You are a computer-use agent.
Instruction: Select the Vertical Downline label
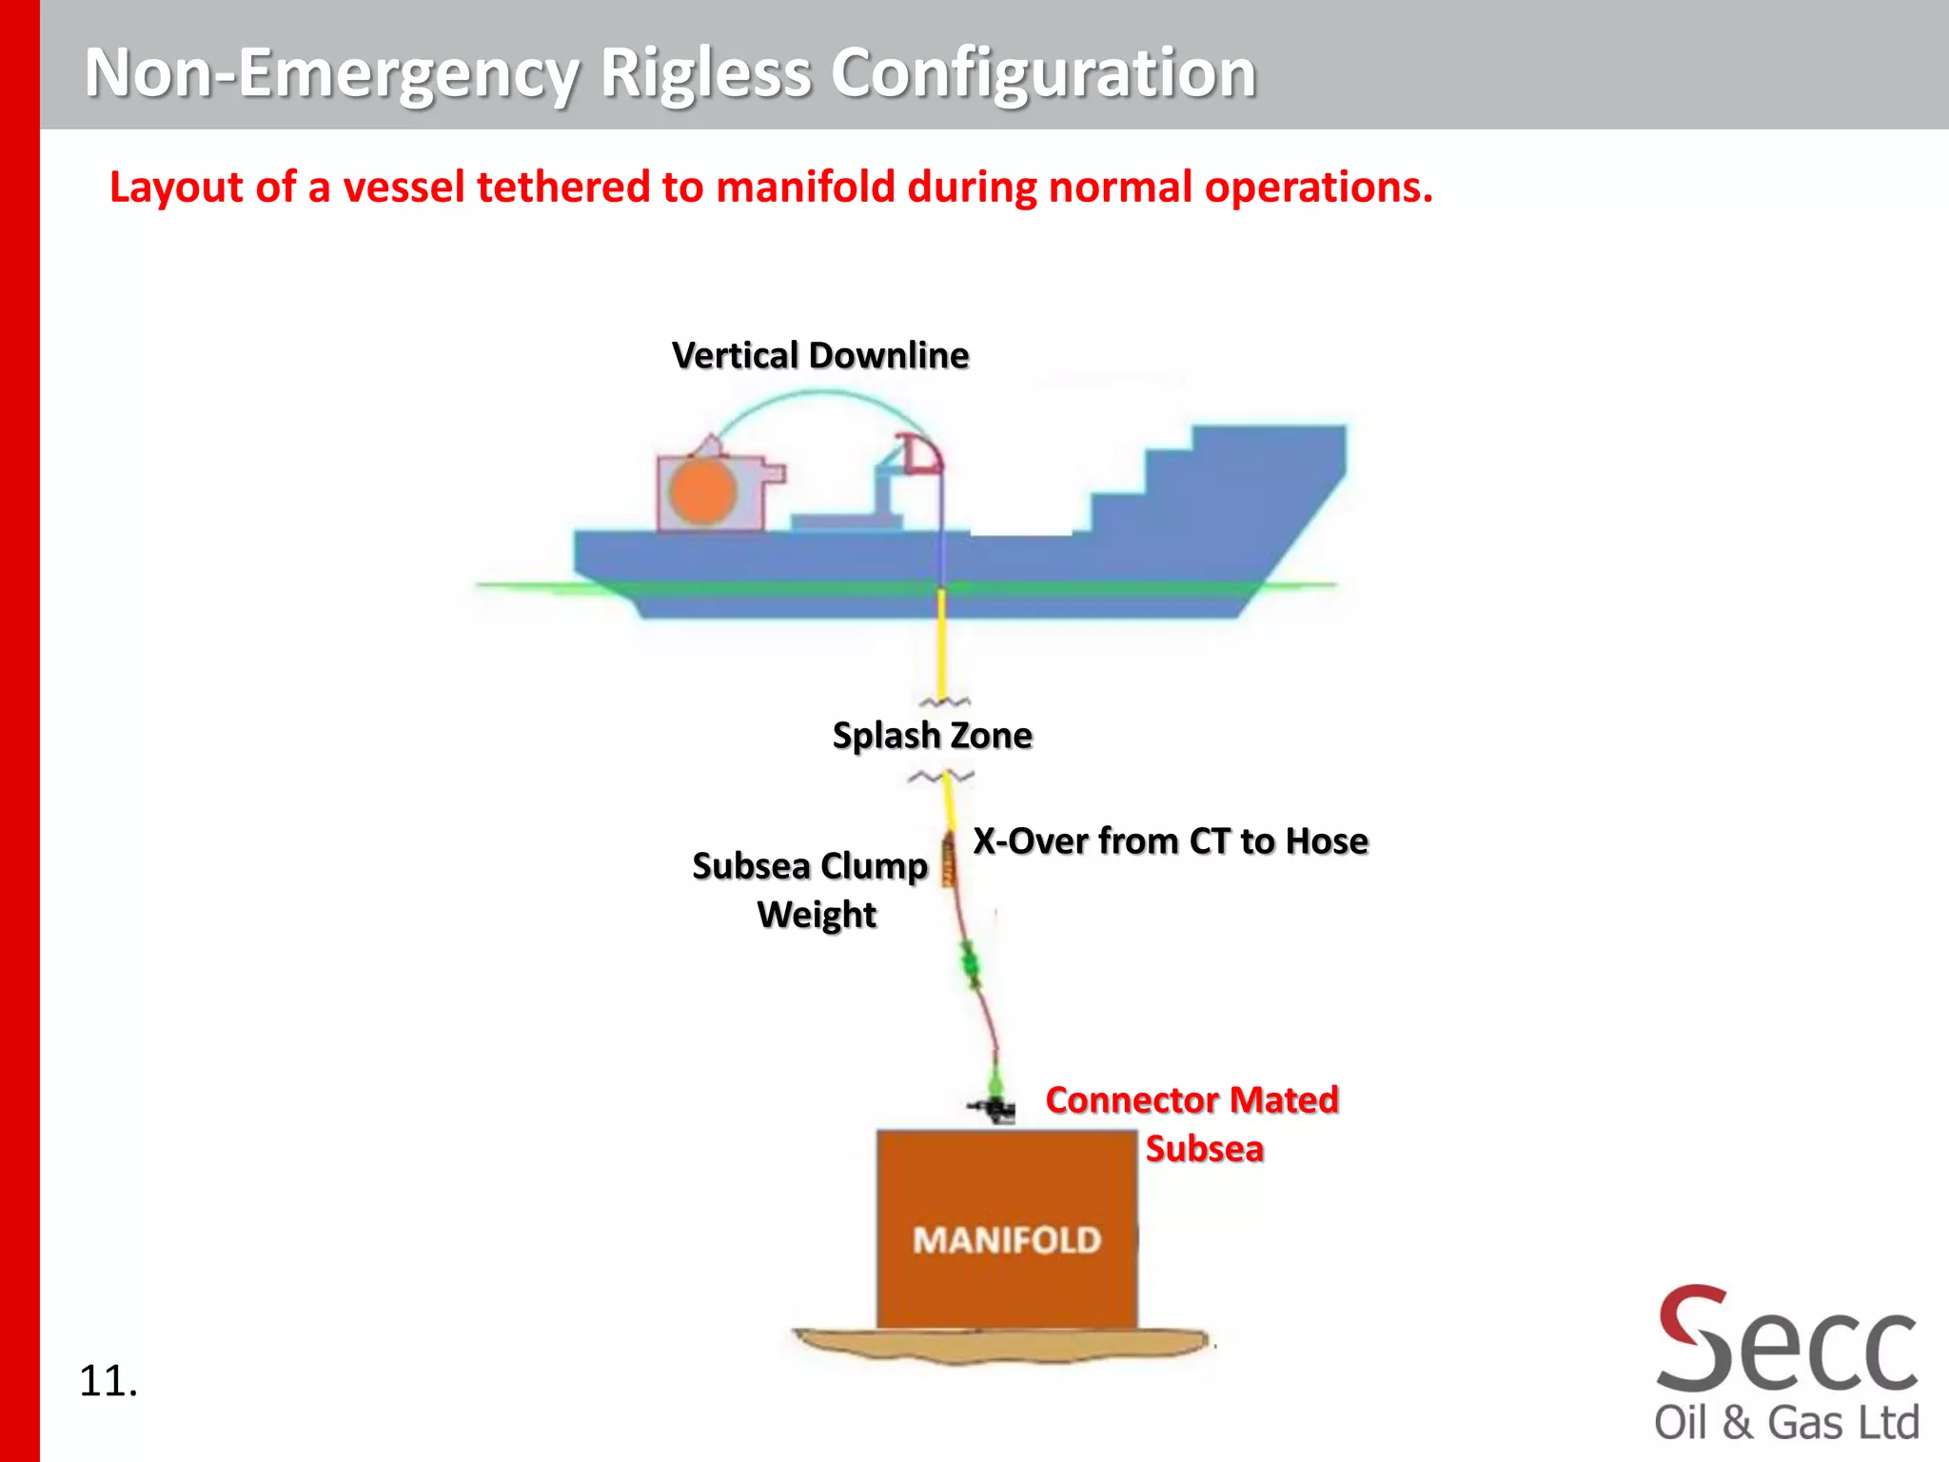point(819,355)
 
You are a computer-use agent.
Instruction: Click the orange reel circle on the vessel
point(702,492)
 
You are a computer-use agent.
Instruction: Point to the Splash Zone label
point(932,736)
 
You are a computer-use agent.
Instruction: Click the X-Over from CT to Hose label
point(1170,841)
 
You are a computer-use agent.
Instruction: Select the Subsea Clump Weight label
point(810,889)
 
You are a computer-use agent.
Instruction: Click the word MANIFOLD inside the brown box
point(1007,1240)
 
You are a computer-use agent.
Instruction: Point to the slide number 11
point(108,1381)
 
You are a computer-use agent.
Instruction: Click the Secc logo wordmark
point(1786,1342)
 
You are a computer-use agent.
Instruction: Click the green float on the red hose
point(970,965)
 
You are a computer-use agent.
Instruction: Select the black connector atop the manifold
point(994,1107)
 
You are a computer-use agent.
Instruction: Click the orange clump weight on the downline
point(948,861)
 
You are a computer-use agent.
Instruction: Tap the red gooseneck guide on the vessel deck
point(920,454)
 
